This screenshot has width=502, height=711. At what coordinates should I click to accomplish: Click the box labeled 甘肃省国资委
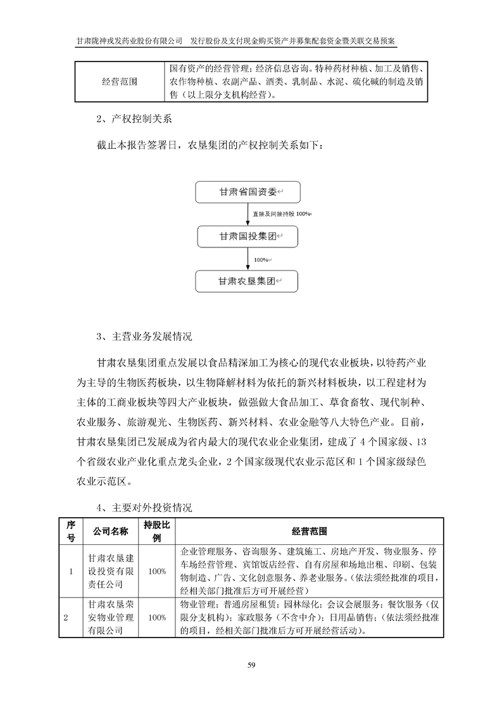(x=246, y=192)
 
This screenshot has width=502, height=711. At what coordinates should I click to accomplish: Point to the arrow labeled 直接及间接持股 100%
(x=247, y=214)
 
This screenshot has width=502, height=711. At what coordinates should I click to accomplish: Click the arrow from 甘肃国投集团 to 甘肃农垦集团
(x=247, y=259)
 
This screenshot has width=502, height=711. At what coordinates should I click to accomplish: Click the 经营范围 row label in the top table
(x=120, y=81)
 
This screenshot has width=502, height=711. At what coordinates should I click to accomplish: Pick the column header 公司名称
(x=111, y=530)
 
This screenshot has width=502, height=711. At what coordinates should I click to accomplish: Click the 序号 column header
(x=71, y=530)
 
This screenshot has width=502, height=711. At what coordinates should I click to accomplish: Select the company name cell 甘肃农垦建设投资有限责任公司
(x=111, y=570)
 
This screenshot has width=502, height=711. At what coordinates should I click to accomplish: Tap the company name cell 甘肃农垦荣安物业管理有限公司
(x=111, y=618)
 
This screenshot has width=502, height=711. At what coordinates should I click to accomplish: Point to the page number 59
(x=251, y=665)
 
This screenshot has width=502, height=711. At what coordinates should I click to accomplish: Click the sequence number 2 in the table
(x=66, y=618)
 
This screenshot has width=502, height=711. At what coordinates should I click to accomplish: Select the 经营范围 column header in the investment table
(x=310, y=530)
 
